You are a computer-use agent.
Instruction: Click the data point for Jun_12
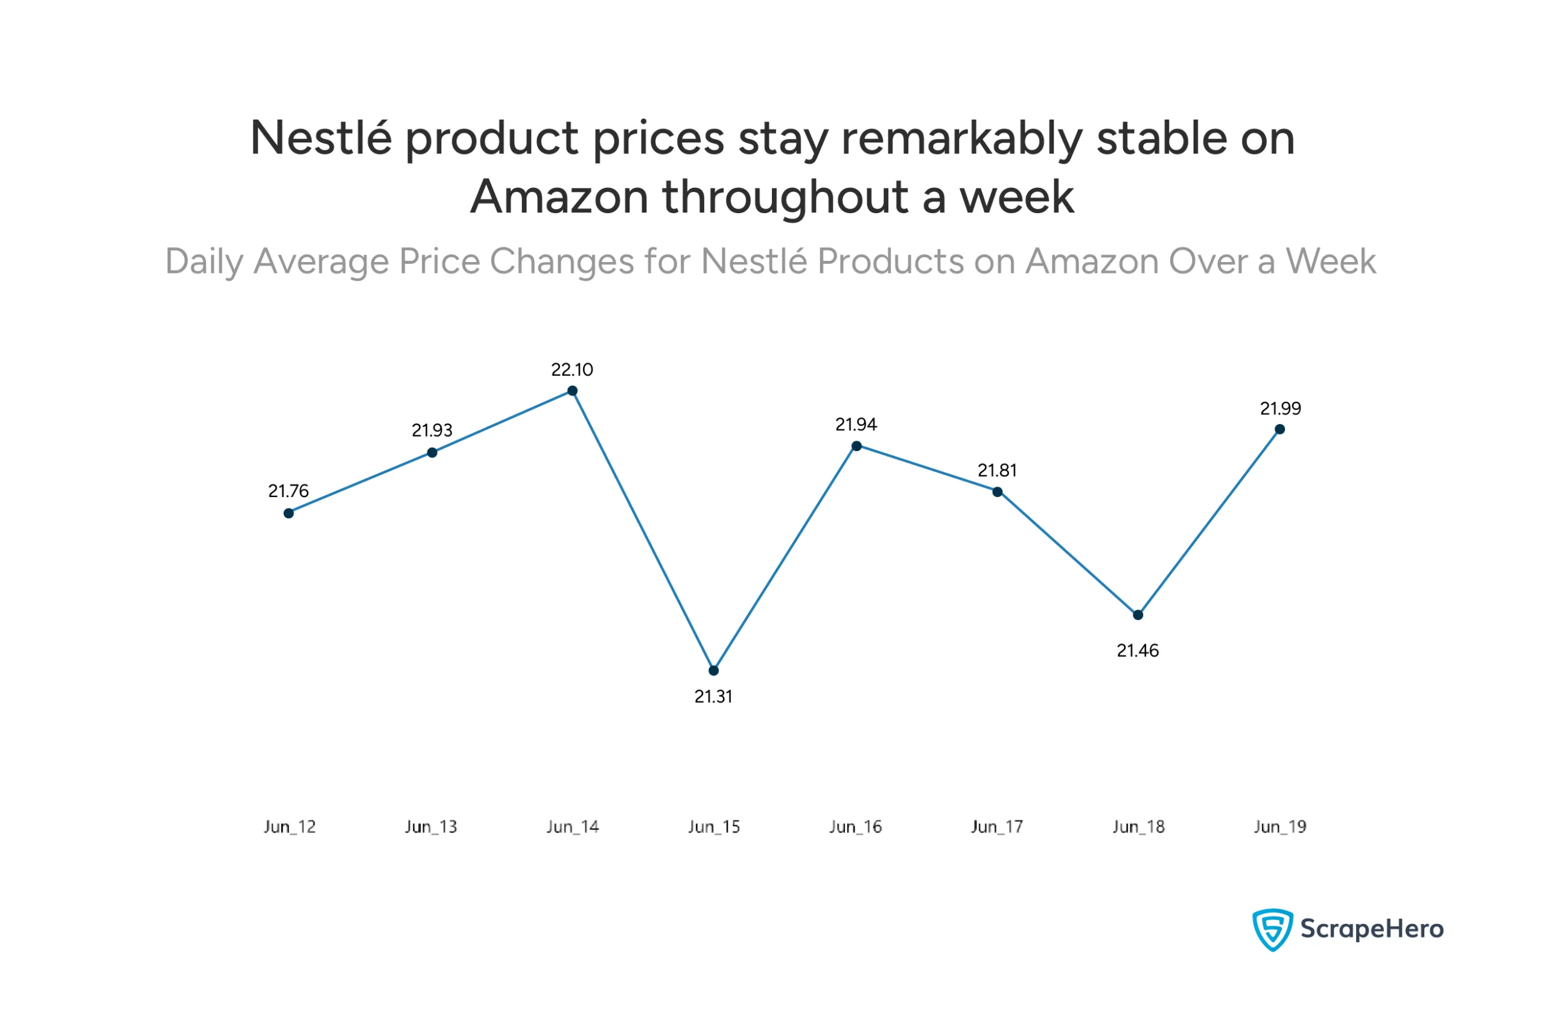[x=289, y=513]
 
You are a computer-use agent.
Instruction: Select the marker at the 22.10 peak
[x=573, y=391]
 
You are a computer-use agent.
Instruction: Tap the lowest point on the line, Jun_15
[x=713, y=670]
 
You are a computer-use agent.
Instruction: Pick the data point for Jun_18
[x=1138, y=615]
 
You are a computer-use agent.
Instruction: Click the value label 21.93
[x=432, y=431]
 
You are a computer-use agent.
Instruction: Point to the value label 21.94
[x=856, y=425]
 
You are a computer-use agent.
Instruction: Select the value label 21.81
[x=997, y=471]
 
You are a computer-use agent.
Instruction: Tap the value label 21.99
[x=1280, y=408]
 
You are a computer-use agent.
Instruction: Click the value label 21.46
[x=1138, y=651]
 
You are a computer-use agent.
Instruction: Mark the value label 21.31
[x=713, y=697]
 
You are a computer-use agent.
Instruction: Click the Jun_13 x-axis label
[x=431, y=827]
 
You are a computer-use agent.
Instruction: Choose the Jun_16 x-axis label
[x=856, y=827]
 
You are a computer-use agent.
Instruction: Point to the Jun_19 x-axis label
[x=1280, y=827]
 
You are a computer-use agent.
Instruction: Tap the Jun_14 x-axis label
[x=573, y=827]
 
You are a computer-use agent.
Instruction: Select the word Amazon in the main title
[x=559, y=197]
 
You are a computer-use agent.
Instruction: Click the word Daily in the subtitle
[x=204, y=261]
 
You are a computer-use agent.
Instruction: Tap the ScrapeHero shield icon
[x=1272, y=929]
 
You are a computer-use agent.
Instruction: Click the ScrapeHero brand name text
[x=1372, y=929]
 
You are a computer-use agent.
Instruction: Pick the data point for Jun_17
[x=997, y=492]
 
